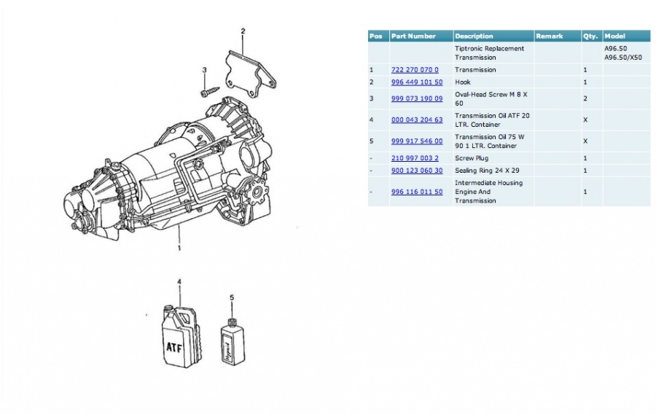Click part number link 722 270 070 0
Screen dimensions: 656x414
(x=415, y=70)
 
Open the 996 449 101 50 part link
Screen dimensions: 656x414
(x=417, y=82)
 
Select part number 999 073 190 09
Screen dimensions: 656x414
(x=417, y=98)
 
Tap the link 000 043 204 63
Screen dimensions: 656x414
(x=417, y=120)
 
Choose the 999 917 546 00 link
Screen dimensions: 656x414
(x=417, y=141)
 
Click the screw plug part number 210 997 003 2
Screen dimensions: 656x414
(x=415, y=158)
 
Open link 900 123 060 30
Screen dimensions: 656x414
(x=417, y=171)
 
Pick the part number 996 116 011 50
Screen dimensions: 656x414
(x=417, y=192)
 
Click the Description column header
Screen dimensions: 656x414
(x=474, y=36)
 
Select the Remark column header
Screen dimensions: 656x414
(x=550, y=36)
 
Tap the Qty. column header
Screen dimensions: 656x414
(x=590, y=36)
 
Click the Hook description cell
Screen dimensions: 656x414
(x=463, y=82)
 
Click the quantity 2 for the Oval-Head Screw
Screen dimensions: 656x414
(x=585, y=98)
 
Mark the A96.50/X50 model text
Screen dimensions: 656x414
(x=623, y=58)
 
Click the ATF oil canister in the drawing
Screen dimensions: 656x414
(x=180, y=337)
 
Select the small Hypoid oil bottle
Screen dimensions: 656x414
(x=233, y=341)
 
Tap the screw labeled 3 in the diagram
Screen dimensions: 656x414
(x=210, y=91)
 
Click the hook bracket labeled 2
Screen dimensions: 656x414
(x=250, y=75)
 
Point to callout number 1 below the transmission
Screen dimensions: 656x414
(x=179, y=248)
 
